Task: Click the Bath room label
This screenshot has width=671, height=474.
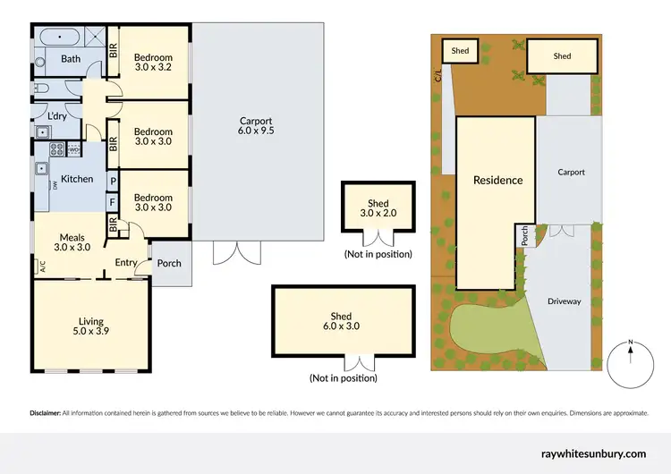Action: click(x=71, y=59)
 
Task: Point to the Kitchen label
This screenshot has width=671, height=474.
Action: click(x=77, y=179)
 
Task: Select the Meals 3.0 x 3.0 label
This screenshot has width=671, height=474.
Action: click(x=72, y=242)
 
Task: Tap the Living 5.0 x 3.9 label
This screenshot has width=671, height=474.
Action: click(x=90, y=326)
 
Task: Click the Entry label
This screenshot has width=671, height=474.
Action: click(x=126, y=262)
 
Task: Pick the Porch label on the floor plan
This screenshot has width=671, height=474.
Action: click(x=169, y=263)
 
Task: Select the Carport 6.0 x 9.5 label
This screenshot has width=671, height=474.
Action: click(x=255, y=125)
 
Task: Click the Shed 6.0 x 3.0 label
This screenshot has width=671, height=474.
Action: click(x=341, y=322)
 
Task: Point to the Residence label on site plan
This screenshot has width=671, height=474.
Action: click(x=497, y=180)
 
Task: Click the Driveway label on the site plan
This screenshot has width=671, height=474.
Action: click(x=564, y=301)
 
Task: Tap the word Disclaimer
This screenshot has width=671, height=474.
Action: click(x=45, y=413)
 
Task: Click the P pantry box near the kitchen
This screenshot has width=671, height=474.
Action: click(x=113, y=182)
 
